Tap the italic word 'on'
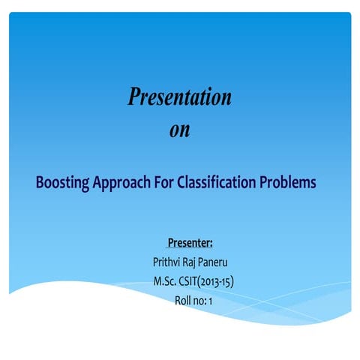click(180, 130)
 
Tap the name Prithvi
click(168, 262)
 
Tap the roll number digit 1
click(212, 301)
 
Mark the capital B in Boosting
click(40, 183)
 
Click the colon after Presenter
click(212, 243)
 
